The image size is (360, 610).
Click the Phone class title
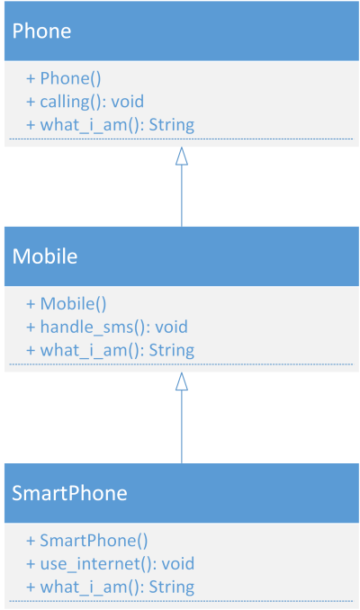41,31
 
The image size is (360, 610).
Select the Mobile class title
45,256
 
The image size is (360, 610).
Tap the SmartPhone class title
69,493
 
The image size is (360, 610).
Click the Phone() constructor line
63,78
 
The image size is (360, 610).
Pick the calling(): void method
85,102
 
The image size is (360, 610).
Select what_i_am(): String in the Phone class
110,125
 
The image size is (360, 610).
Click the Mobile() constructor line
67,303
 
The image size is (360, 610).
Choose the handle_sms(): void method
106,327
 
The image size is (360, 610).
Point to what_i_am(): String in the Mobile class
110,350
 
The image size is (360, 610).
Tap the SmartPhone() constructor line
86,541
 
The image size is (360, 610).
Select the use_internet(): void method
110,564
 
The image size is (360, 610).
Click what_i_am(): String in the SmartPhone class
110,587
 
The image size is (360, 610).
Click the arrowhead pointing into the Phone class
182,156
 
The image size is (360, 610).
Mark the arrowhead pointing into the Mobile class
182,381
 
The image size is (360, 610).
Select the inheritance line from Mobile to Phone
182,187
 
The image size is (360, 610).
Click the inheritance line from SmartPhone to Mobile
182,417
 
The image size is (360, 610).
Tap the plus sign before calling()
31,102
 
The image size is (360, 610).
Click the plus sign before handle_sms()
31,327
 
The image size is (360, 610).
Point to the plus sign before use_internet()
31,564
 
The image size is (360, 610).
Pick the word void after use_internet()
178,564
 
